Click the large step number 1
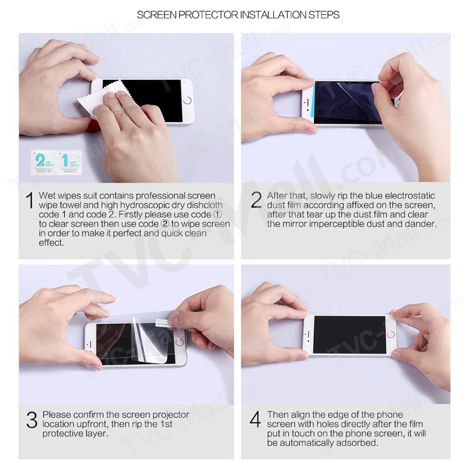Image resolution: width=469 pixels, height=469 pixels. pos(29,201)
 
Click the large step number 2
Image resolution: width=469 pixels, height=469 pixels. pos(256,200)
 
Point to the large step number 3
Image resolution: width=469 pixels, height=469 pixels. pos(31,420)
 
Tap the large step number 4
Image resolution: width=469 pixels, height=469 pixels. pos(255,420)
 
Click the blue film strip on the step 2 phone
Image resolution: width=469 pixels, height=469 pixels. pos(308,102)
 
